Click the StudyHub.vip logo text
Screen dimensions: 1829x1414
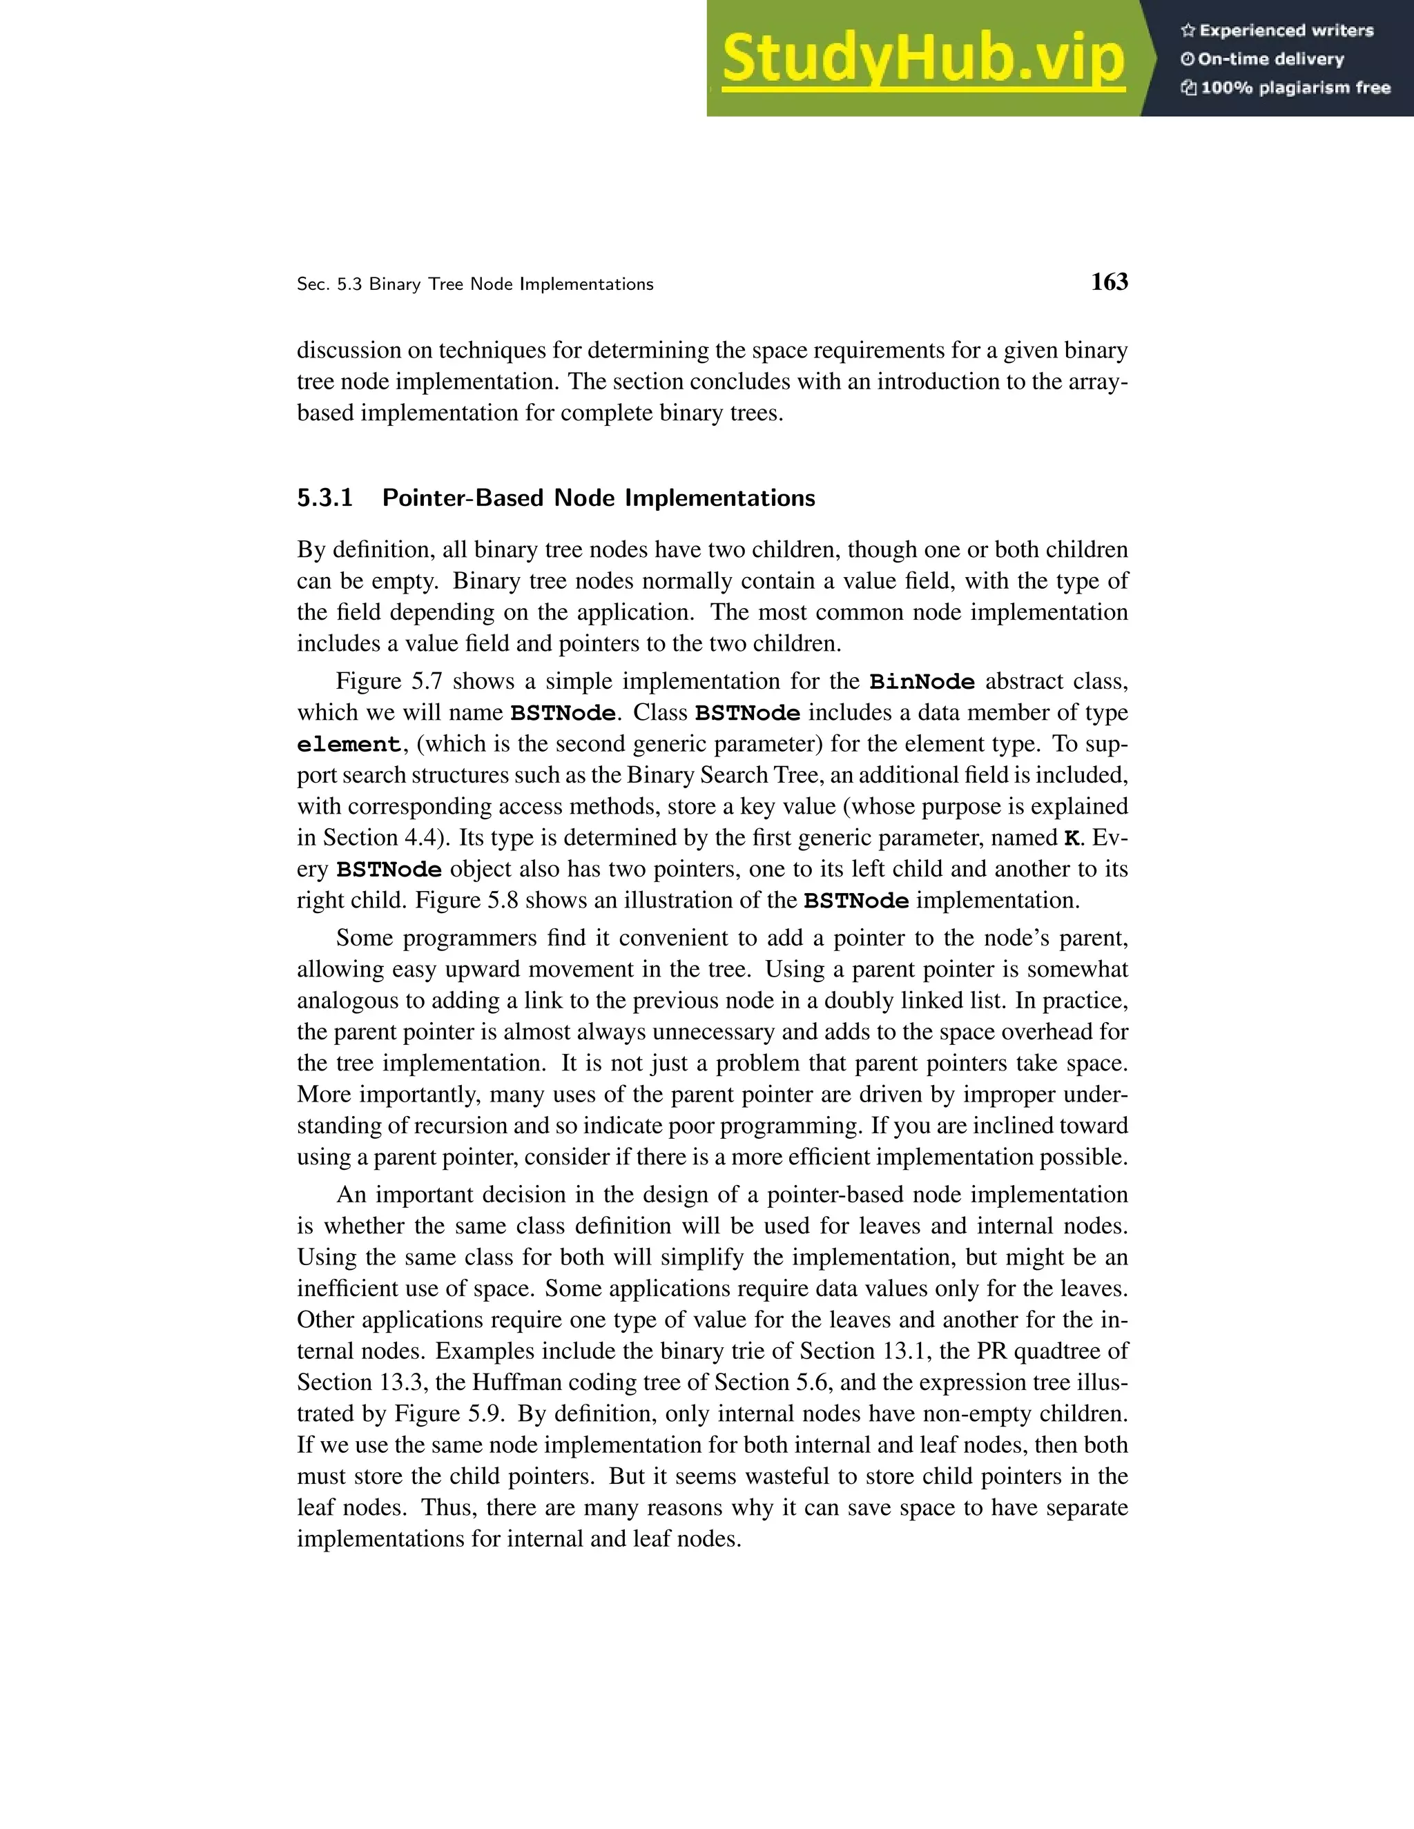[922, 59]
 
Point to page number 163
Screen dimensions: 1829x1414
[1109, 282]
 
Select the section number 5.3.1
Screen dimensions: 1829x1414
[325, 498]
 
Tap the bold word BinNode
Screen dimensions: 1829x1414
[922, 682]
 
